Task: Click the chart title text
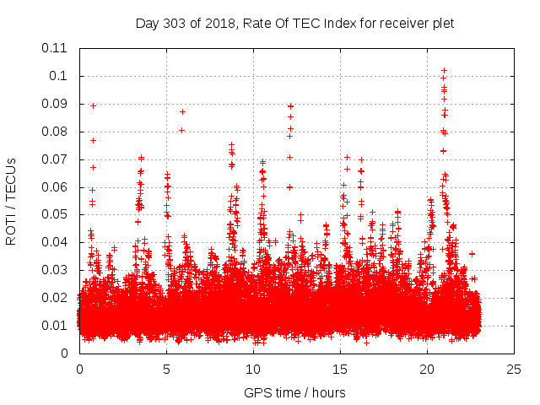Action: point(294,24)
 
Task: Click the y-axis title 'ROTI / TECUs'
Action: point(12,200)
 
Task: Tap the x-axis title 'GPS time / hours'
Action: point(294,392)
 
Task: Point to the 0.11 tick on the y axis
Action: point(56,48)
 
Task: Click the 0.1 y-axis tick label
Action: point(59,76)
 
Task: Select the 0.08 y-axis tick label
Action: point(56,132)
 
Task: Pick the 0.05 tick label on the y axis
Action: point(56,214)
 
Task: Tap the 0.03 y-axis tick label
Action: point(56,270)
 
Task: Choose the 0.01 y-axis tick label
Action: point(56,326)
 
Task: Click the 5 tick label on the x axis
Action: point(166,370)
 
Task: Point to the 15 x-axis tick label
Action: point(340,370)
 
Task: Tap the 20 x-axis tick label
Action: point(427,370)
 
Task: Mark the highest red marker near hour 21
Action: point(444,71)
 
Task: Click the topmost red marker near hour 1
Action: point(93,105)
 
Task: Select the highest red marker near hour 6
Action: point(182,111)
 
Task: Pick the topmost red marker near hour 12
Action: point(290,106)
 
